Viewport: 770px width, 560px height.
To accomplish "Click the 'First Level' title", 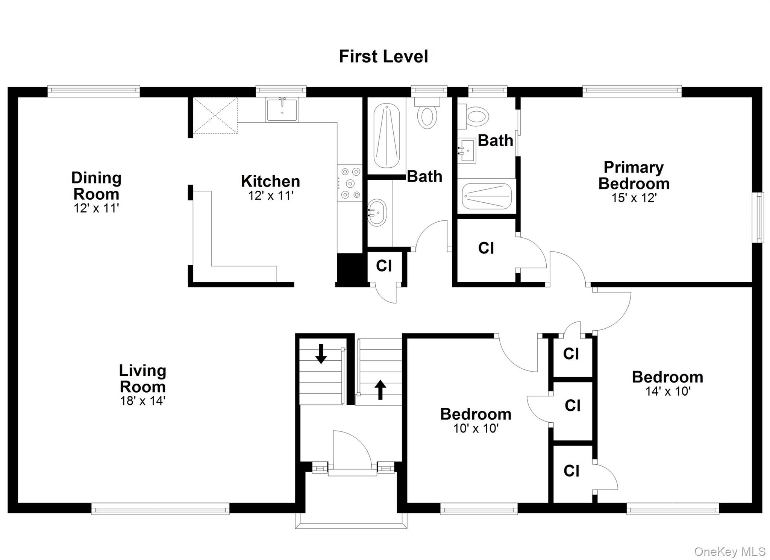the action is coord(383,56).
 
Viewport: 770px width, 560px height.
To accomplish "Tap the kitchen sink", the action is coord(282,109).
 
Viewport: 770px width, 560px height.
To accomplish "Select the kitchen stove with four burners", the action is coord(350,183).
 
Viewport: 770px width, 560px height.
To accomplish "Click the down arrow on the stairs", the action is coord(321,354).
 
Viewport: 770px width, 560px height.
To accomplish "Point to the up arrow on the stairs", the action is coord(380,390).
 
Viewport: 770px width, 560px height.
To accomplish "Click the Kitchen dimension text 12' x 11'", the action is coord(271,196).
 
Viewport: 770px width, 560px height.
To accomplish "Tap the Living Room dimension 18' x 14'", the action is coord(142,401).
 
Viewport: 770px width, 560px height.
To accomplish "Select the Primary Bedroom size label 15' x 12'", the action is coord(634,198).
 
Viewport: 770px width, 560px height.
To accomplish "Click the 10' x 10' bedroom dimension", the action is coord(476,428).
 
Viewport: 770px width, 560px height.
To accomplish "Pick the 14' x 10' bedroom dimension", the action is coord(668,392).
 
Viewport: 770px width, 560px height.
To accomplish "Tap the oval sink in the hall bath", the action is coord(377,212).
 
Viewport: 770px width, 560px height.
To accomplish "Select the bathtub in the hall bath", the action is coord(387,136).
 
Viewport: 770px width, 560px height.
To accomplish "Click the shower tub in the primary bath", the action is coord(487,196).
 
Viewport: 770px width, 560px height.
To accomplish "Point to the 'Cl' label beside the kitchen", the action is coord(384,266).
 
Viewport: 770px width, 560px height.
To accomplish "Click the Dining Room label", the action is coord(96,186).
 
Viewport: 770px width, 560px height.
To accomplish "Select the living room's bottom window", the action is coord(161,510).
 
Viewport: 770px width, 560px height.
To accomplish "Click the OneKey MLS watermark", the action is coord(729,552).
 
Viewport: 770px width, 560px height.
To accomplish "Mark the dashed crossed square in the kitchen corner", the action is coord(215,115).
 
